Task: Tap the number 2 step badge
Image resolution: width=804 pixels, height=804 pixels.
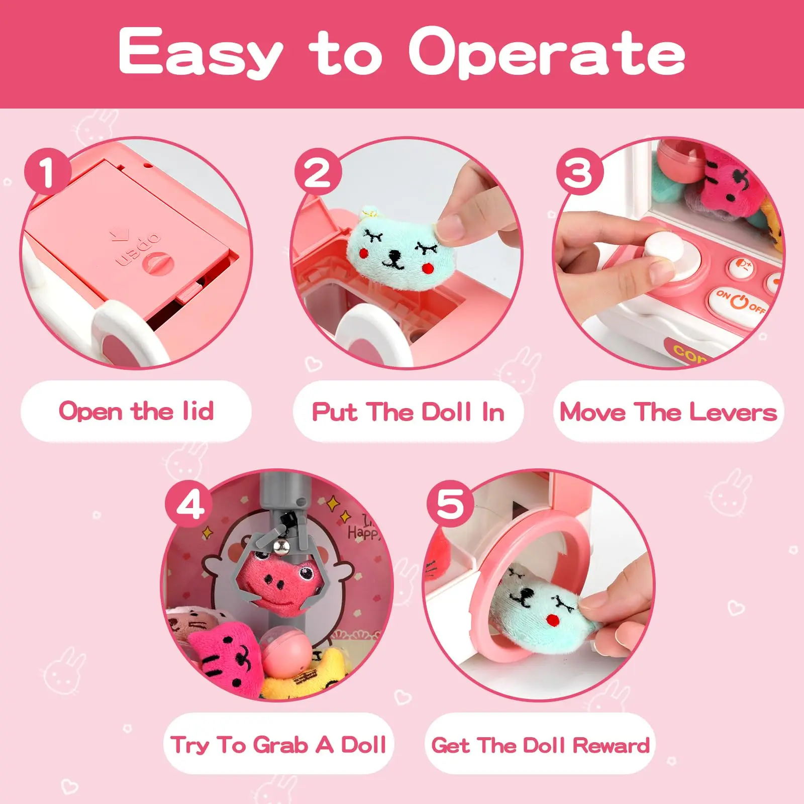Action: tap(318, 172)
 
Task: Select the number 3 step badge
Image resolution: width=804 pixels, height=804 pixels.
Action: tap(579, 172)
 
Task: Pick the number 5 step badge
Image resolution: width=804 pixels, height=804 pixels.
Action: tap(451, 504)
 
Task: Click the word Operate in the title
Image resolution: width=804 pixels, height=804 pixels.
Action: tap(547, 52)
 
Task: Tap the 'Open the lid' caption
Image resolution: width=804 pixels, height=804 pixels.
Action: tap(136, 411)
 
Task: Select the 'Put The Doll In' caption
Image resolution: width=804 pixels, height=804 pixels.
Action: tap(408, 412)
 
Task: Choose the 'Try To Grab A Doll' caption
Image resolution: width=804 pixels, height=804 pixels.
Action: tap(278, 744)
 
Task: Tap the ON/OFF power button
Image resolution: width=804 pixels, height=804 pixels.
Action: tap(739, 300)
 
